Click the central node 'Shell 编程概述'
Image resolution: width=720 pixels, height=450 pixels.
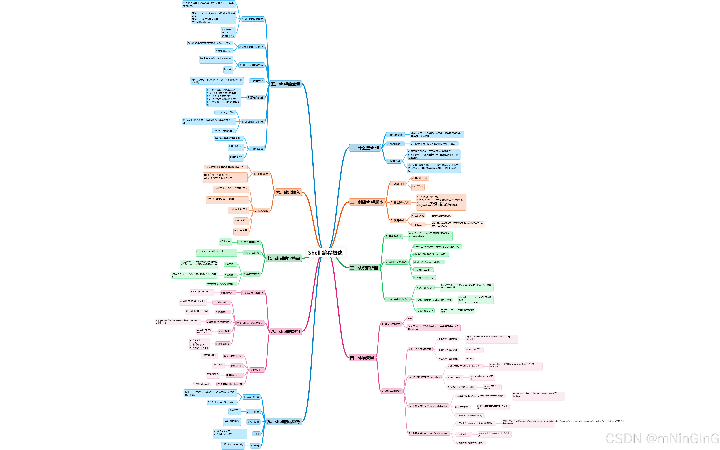tap(325, 253)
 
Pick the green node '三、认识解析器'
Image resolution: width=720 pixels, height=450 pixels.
tap(364, 268)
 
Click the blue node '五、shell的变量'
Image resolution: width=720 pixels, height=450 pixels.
tap(286, 84)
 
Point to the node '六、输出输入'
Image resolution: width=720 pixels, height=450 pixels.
tap(288, 192)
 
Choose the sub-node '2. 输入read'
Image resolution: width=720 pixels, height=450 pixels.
tap(261, 211)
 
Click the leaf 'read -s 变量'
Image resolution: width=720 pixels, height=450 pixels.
tap(241, 220)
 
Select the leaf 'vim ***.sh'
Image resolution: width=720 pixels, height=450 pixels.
tap(417, 186)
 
